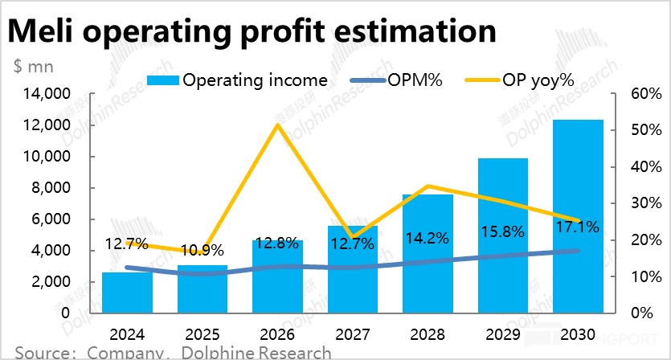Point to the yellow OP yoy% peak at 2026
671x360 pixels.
click(x=277, y=125)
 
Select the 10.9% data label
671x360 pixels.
click(x=201, y=250)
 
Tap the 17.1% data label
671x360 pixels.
click(x=579, y=227)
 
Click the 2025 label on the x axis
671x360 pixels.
click(x=202, y=333)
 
